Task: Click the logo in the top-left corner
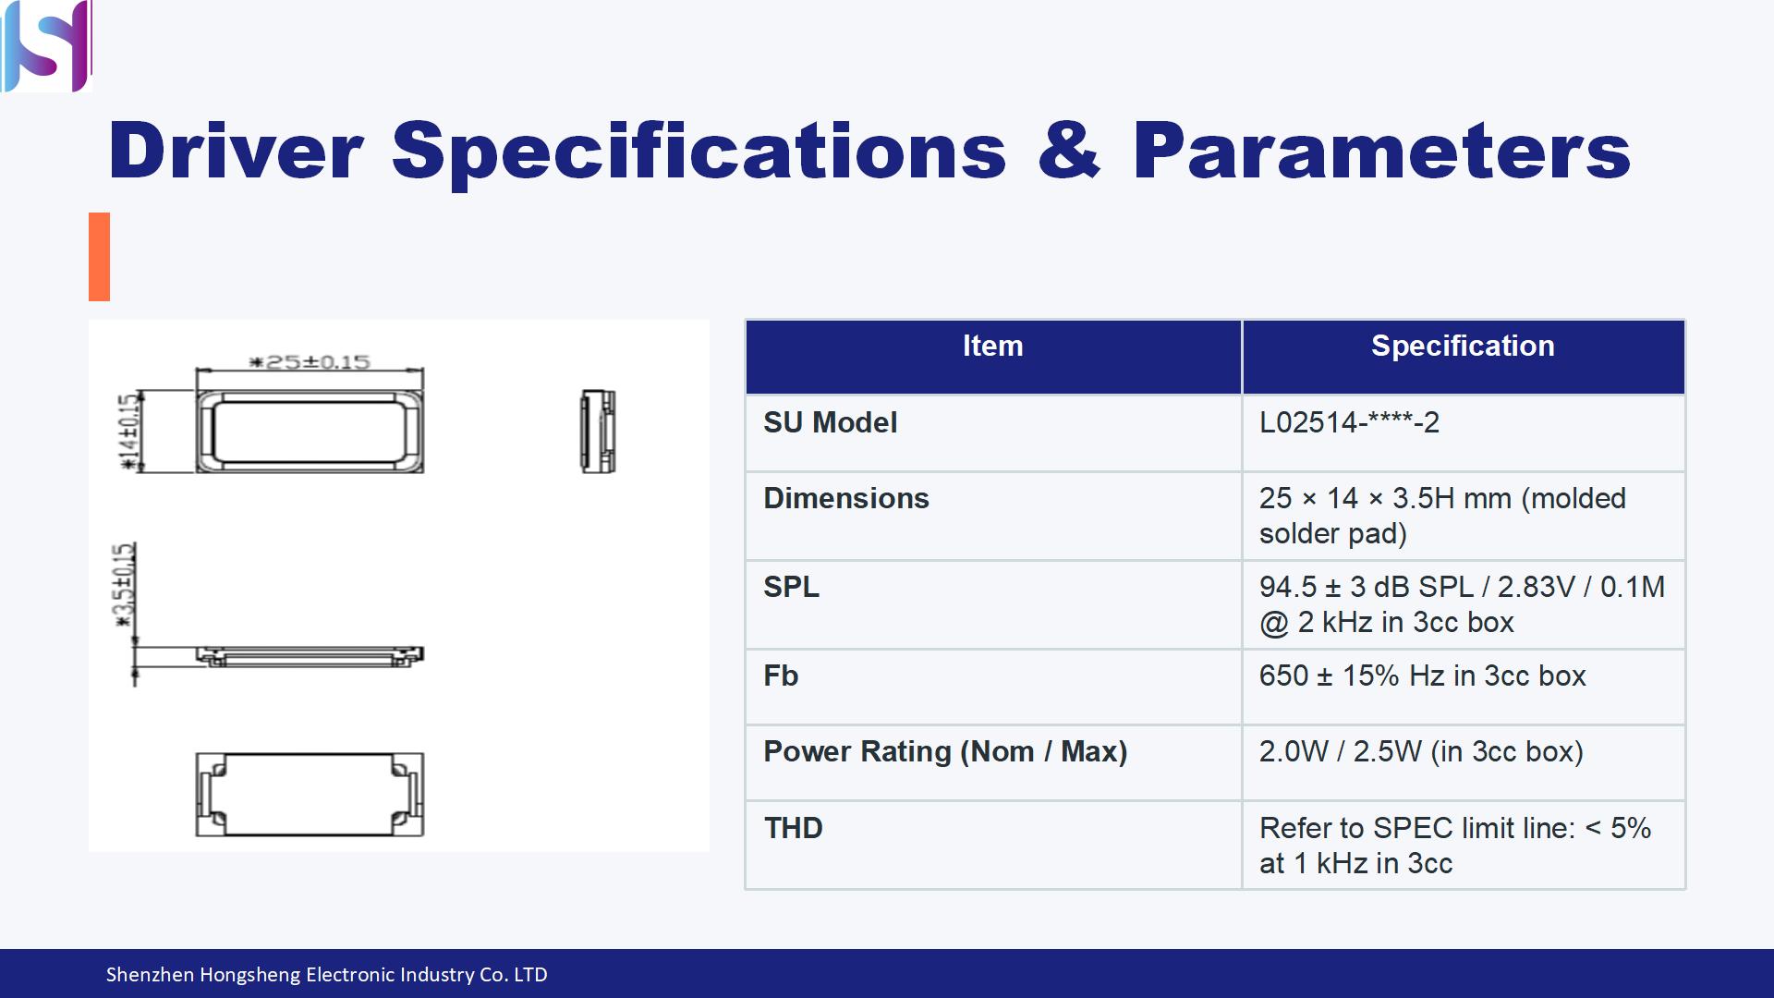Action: click(46, 45)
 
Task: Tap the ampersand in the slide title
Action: click(1069, 151)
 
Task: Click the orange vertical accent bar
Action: click(99, 257)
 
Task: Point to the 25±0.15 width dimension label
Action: click(310, 361)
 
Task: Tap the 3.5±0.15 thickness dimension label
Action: click(125, 586)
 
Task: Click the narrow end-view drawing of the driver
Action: click(598, 432)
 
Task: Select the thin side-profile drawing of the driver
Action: click(310, 656)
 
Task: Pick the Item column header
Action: click(993, 346)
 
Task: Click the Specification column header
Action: click(1463, 346)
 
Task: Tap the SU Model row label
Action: click(830, 422)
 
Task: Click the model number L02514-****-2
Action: click(1349, 422)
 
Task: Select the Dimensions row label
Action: click(846, 498)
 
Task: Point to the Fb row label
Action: click(781, 675)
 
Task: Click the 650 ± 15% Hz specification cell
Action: click(1422, 675)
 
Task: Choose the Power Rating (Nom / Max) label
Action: click(945, 751)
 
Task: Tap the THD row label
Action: click(793, 828)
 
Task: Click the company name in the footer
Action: click(326, 974)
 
